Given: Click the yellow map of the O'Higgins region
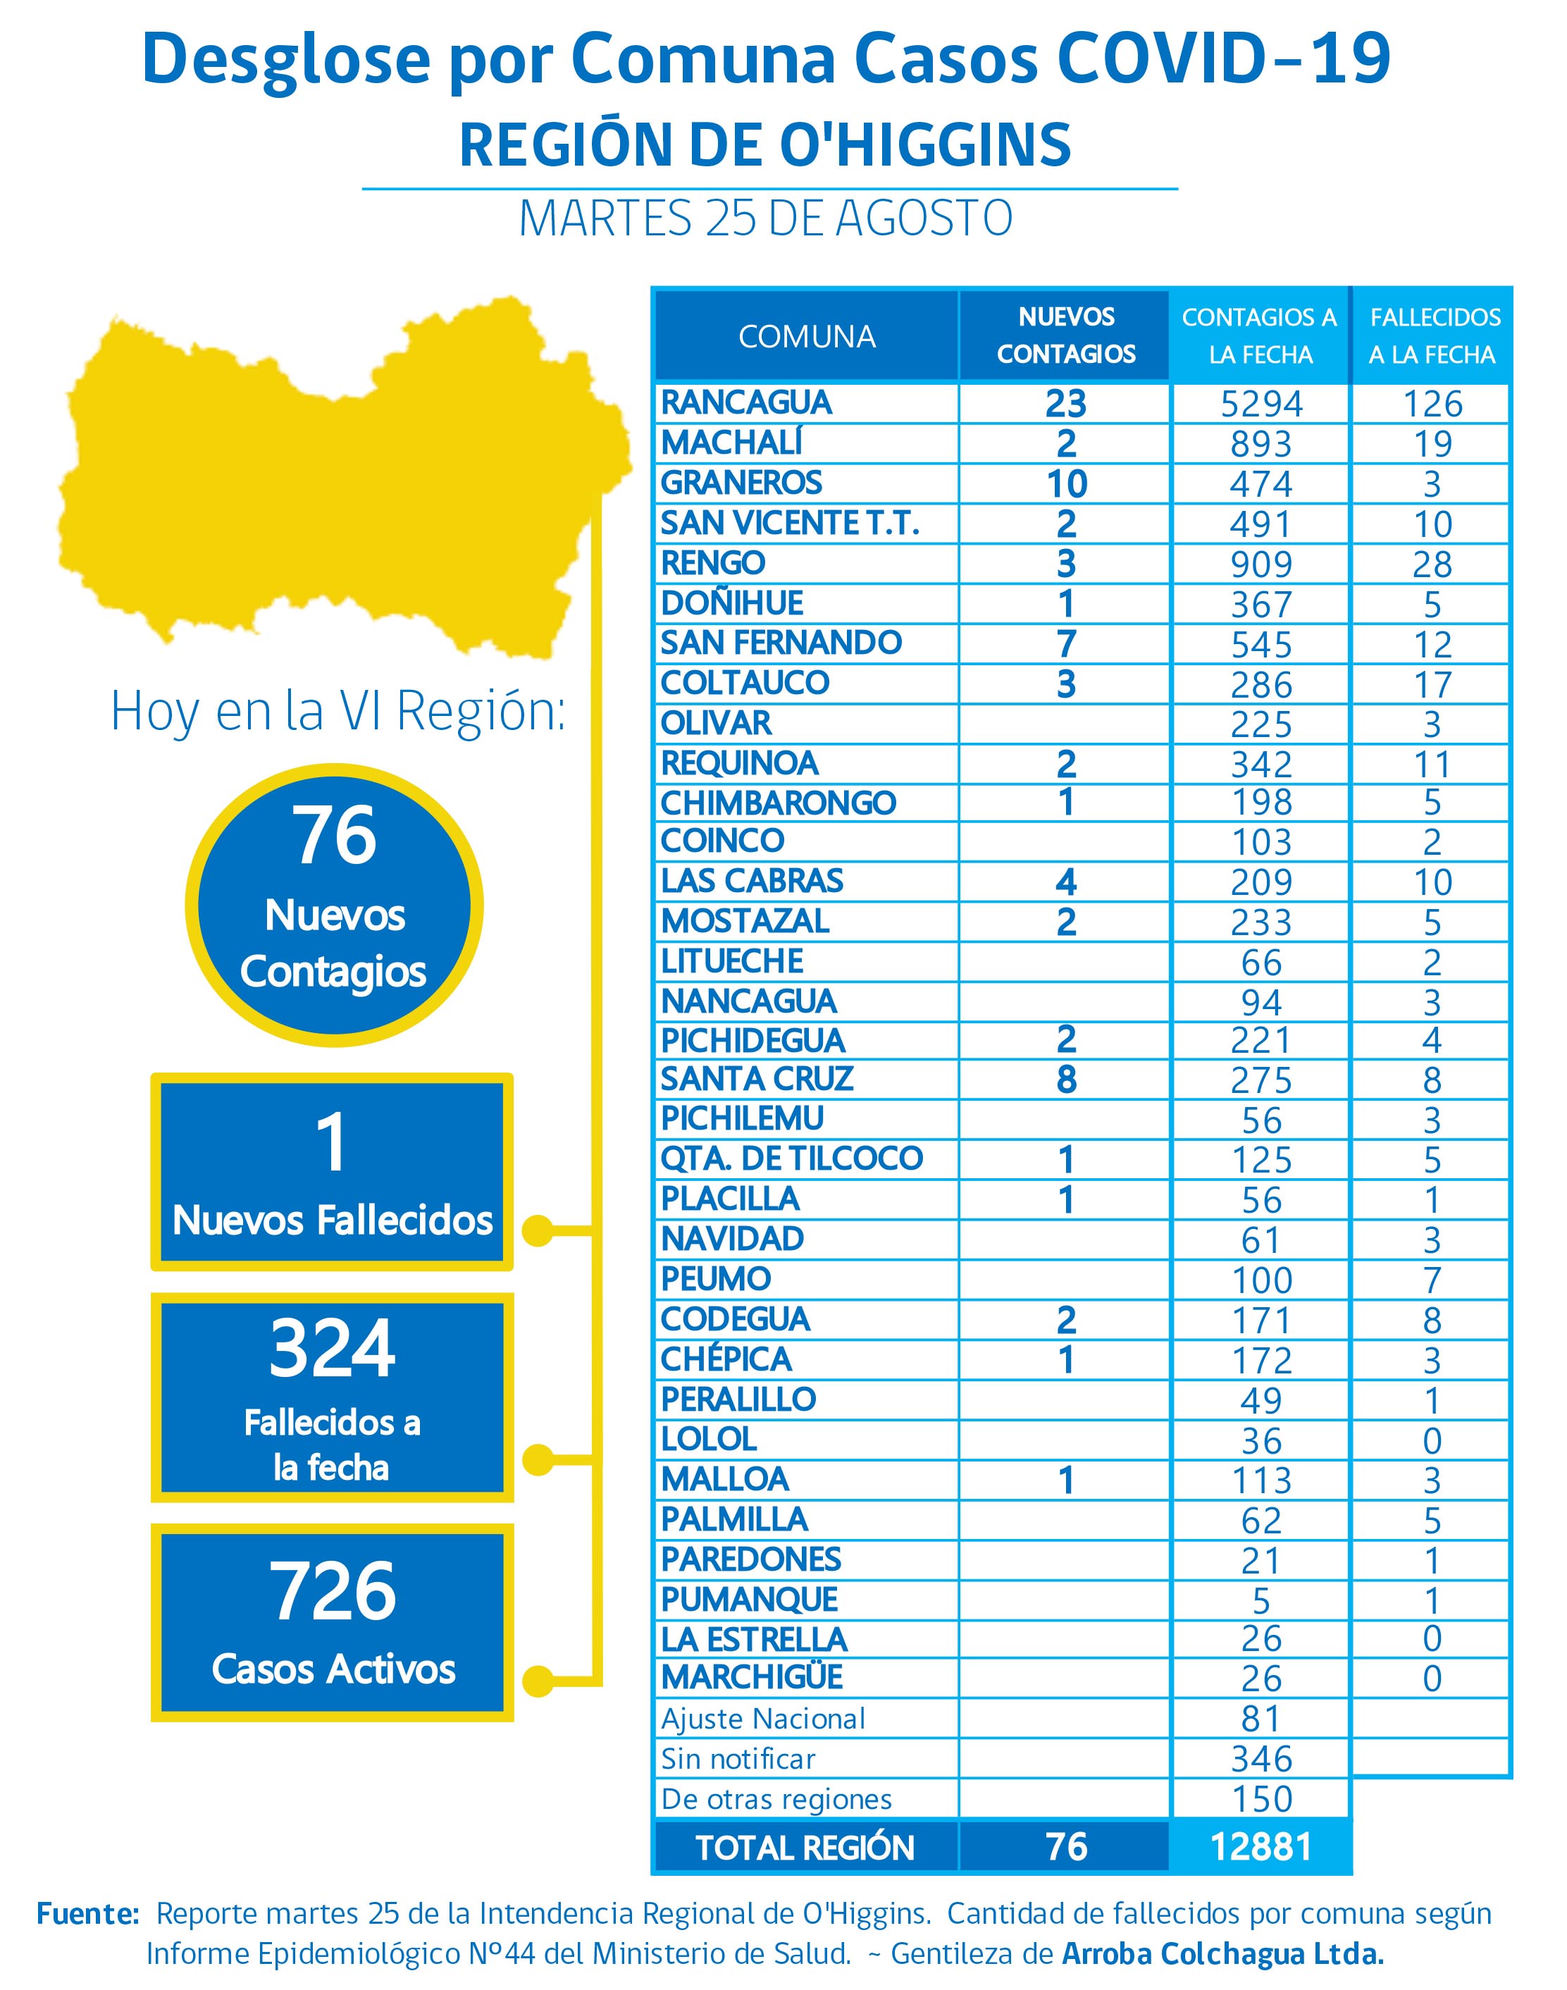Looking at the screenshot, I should click(x=340, y=477).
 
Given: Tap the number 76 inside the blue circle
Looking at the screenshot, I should click(x=334, y=835).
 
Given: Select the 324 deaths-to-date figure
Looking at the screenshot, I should click(x=332, y=1348).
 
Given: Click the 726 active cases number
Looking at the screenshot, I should click(x=332, y=1591).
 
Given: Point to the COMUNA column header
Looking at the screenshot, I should click(x=807, y=337).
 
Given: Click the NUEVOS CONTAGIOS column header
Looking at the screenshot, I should click(x=1066, y=336).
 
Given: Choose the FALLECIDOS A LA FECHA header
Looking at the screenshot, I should click(x=1434, y=336).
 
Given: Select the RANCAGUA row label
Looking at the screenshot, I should click(x=746, y=403).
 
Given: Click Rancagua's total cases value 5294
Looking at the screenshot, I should click(x=1261, y=404).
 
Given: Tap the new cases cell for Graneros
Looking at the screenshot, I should click(x=1066, y=483).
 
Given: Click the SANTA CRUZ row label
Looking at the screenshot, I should click(x=757, y=1079).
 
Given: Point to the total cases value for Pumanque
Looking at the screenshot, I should click(x=1261, y=1601).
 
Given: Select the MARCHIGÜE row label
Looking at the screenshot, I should click(x=751, y=1678).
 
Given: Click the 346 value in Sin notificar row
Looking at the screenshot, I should click(x=1261, y=1759).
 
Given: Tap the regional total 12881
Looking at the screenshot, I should click(x=1261, y=1847).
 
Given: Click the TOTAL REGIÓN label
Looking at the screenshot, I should click(x=805, y=1848).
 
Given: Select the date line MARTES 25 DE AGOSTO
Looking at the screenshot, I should click(x=766, y=218).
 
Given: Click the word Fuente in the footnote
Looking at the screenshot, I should click(x=87, y=1914).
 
